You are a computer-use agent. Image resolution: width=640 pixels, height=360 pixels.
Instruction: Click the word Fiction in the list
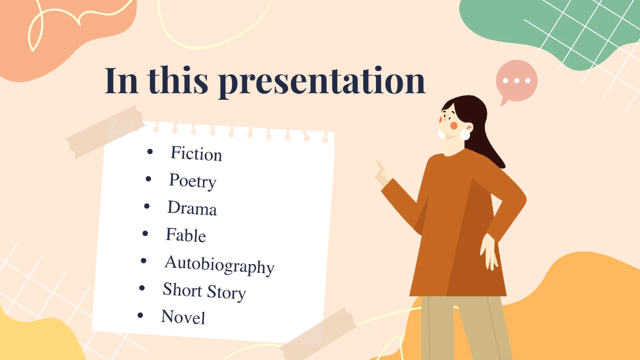point(196,154)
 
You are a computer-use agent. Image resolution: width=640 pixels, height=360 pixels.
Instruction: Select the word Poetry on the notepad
point(193,181)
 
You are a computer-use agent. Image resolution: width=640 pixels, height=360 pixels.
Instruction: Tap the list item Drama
point(192,208)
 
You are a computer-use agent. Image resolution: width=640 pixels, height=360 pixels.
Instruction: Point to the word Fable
point(186,235)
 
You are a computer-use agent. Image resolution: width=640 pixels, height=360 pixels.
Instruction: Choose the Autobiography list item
point(219,264)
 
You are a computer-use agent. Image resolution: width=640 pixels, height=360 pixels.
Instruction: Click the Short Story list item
point(204,291)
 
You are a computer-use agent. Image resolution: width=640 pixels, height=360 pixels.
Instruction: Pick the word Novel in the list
point(183,317)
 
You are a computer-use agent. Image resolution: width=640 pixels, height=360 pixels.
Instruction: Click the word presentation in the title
point(322,81)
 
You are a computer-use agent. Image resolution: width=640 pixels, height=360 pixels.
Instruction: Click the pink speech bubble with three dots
point(516,82)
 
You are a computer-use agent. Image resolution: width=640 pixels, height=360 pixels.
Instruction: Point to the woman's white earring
point(465,134)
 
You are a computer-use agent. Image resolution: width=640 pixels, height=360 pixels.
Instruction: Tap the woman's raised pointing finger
point(380,166)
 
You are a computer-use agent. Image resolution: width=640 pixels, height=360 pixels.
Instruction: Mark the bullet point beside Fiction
point(150,153)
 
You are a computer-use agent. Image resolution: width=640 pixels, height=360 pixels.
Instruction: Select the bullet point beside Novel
point(140,315)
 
